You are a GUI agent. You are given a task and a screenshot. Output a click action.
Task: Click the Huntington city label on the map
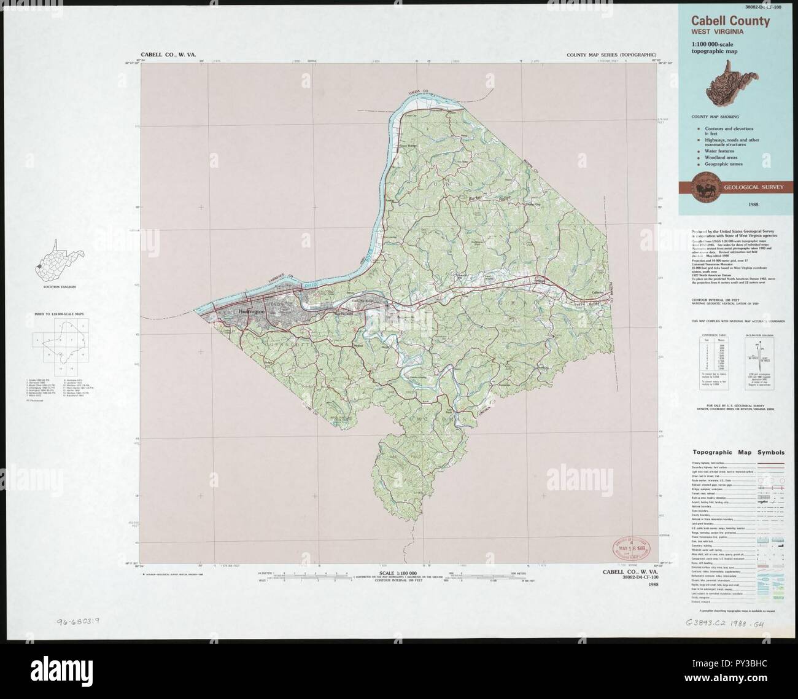(252, 312)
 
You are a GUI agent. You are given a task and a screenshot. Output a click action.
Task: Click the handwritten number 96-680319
(79, 622)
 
